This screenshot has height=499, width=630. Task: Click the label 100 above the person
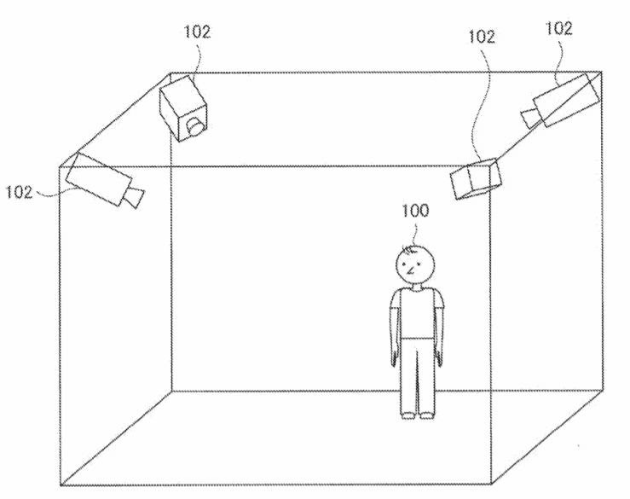pyautogui.click(x=415, y=211)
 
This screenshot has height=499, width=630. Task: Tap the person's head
pyautogui.click(x=415, y=265)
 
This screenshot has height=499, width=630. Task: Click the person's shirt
pyautogui.click(x=417, y=313)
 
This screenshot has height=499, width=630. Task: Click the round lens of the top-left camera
pyautogui.click(x=196, y=126)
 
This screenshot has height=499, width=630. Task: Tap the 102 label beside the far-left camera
pyautogui.click(x=19, y=192)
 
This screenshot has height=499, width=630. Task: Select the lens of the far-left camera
pyautogui.click(x=134, y=197)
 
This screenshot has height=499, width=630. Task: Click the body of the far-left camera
pyautogui.click(x=98, y=179)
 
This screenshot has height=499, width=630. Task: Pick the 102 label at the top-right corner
pyautogui.click(x=558, y=28)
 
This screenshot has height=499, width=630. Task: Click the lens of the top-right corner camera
pyautogui.click(x=530, y=118)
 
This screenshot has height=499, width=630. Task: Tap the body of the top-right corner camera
pyautogui.click(x=567, y=100)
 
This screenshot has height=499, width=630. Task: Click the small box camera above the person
pyautogui.click(x=476, y=179)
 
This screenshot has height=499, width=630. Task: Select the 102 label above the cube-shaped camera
pyautogui.click(x=197, y=32)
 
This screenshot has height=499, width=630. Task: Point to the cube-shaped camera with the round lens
pyautogui.click(x=183, y=108)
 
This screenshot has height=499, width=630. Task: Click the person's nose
pyautogui.click(x=410, y=271)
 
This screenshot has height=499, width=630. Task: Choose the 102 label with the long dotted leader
pyautogui.click(x=482, y=37)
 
